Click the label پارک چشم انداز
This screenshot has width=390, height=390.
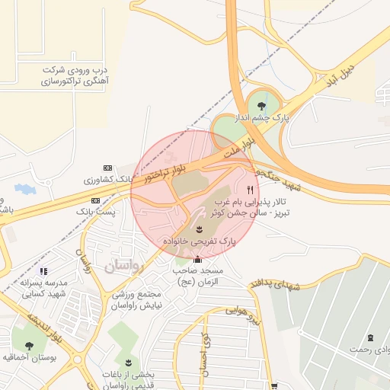click(268, 120)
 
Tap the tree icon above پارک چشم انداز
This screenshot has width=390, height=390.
click(262, 106)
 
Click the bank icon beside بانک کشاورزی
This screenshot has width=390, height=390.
click(107, 168)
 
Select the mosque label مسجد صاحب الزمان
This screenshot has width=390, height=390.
click(197, 276)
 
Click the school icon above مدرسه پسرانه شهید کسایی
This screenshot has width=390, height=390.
click(43, 271)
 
